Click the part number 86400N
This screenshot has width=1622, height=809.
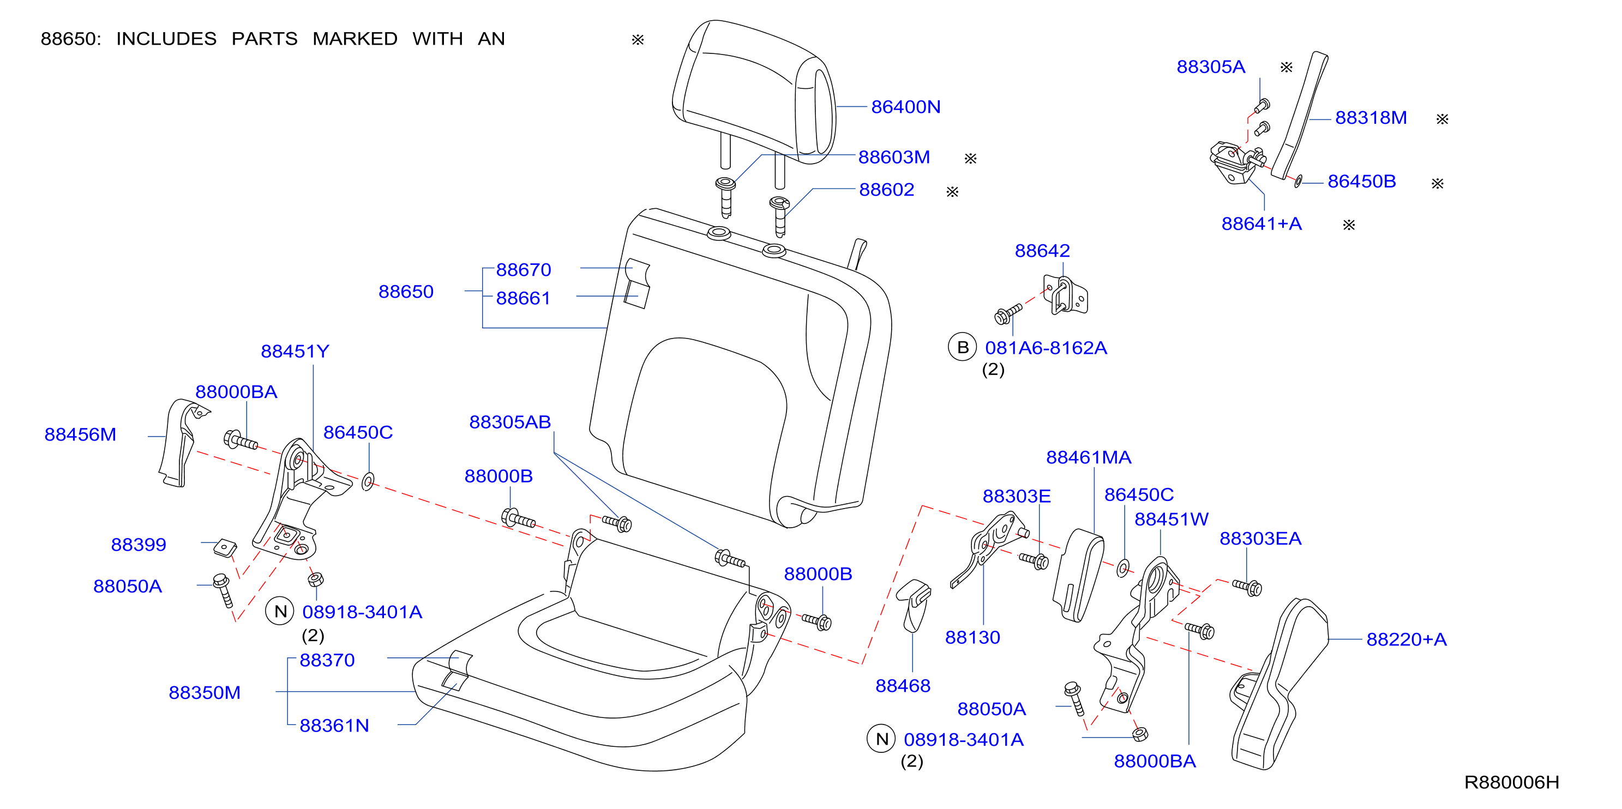905,107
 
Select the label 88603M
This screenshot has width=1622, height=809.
894,158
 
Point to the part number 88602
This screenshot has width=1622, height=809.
887,190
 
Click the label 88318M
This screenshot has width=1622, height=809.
1371,118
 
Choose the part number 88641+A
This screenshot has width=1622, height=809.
1261,224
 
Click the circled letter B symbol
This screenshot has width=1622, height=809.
962,347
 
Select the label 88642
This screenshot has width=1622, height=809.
1042,251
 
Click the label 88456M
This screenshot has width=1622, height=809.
80,434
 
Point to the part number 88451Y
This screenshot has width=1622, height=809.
295,351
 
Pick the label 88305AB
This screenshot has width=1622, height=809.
510,422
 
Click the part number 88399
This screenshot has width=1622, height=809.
139,545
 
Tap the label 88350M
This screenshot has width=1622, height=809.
205,692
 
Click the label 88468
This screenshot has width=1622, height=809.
903,686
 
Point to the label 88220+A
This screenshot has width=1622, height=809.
1406,639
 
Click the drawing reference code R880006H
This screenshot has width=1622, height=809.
1511,782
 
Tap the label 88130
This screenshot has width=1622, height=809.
972,637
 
